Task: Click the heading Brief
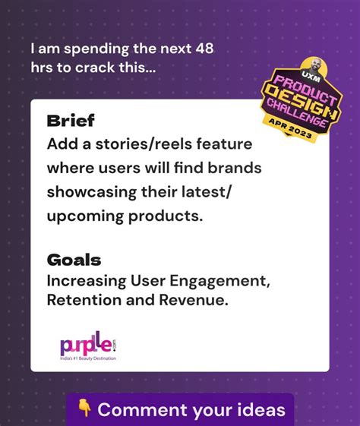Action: pyautogui.click(x=70, y=121)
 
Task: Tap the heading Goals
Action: pyautogui.click(x=73, y=260)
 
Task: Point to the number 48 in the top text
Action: pyautogui.click(x=203, y=49)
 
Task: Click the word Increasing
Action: pyautogui.click(x=86, y=282)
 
